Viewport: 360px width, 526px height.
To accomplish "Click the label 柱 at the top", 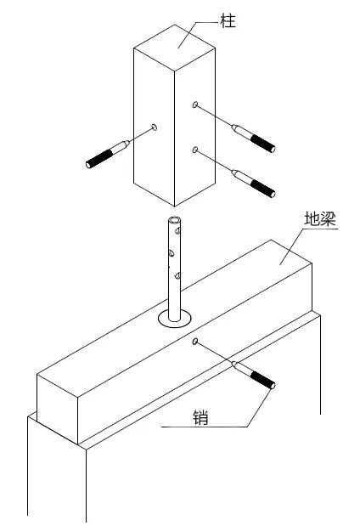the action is [228, 20].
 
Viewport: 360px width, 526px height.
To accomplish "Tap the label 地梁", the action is [320, 218].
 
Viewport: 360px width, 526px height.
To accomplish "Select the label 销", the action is [200, 417].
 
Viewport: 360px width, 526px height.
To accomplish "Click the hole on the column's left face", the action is [155, 127].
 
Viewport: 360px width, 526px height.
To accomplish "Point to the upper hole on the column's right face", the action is [194, 105].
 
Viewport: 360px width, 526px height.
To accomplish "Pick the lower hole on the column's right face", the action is [194, 150].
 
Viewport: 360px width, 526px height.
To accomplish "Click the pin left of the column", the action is [108, 154].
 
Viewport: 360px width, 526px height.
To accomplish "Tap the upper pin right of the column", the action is [253, 138].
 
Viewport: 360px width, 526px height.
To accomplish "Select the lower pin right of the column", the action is [253, 184].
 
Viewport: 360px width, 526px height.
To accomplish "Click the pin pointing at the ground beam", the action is [253, 375].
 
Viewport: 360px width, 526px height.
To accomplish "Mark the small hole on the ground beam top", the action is [194, 342].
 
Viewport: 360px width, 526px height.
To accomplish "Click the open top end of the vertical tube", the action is [175, 221].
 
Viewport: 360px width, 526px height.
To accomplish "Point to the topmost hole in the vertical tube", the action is [178, 231].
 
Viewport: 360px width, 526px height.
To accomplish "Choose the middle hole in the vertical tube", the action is [172, 253].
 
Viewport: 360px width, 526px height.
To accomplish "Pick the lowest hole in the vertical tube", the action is [177, 276].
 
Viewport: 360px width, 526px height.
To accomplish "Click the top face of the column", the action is [174, 48].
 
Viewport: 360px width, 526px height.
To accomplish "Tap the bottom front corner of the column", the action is [174, 206].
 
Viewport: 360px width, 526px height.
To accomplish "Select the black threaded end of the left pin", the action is [98, 159].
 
